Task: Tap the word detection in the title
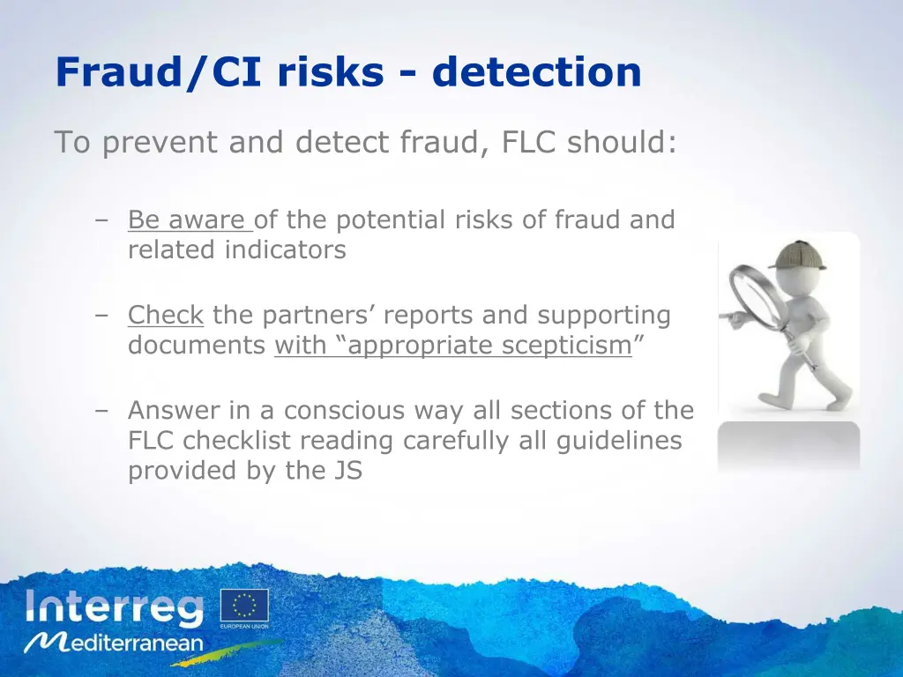coord(536,72)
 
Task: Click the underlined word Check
coord(166,315)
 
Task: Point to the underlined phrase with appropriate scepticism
coord(453,346)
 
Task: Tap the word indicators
coord(285,249)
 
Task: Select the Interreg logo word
coord(115,608)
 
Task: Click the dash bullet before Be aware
coord(103,220)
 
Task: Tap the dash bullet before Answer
coord(103,411)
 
